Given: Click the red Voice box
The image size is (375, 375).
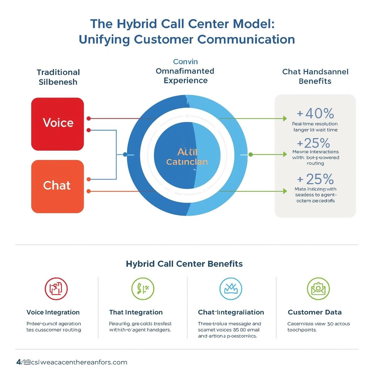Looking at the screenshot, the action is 57,124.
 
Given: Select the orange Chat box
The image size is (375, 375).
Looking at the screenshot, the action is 57,186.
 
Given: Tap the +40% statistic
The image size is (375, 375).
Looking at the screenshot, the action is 315,113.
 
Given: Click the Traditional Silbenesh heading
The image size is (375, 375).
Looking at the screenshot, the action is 58,77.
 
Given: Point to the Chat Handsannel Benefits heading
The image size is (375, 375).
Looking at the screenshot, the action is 315,77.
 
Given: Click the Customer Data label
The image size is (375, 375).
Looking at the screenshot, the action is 314,312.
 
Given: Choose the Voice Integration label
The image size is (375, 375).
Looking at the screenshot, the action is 53,312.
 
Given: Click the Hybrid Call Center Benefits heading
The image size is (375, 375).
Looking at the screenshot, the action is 184,264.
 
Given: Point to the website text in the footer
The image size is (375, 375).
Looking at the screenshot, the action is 72,362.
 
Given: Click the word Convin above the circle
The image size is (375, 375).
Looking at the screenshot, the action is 185,62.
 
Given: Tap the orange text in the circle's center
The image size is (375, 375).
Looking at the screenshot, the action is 187,157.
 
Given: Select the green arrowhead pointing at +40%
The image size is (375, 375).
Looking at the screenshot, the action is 285,118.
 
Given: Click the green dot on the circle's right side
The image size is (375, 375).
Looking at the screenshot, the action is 250,154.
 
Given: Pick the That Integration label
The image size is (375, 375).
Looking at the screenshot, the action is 136,312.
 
